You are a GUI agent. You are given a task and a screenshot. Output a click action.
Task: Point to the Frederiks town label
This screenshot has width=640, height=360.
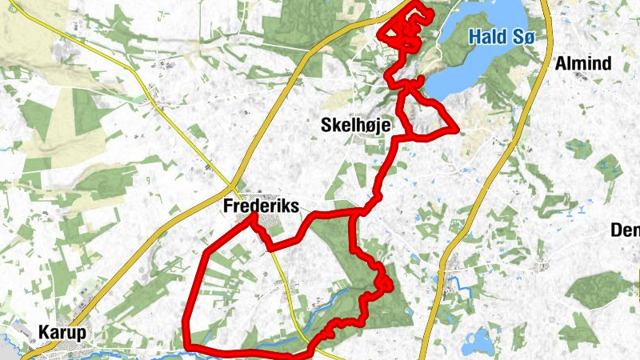click(261, 206)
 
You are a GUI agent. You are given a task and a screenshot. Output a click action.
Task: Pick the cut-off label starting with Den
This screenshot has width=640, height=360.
click(625, 230)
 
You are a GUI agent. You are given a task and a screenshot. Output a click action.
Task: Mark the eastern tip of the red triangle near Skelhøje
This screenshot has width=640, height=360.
click(456, 129)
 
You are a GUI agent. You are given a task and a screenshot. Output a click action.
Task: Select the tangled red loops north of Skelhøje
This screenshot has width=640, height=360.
click(404, 28)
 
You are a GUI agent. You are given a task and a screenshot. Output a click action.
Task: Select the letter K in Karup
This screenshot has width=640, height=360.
click(44, 332)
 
